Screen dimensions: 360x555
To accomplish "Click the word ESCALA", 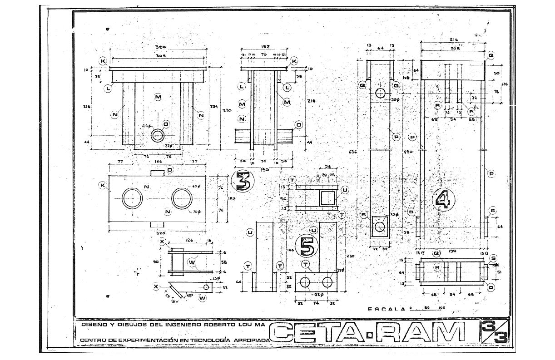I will [x=387, y=309].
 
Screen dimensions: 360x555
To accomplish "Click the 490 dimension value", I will [x=407, y=151].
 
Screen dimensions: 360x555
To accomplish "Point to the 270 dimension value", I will [x=227, y=110].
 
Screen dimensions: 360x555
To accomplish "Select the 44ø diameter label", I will [x=146, y=125].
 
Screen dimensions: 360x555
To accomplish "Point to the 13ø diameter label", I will [x=216, y=279].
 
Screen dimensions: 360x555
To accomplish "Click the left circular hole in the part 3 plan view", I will [x=132, y=197].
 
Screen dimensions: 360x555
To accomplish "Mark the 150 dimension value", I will [x=452, y=251].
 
